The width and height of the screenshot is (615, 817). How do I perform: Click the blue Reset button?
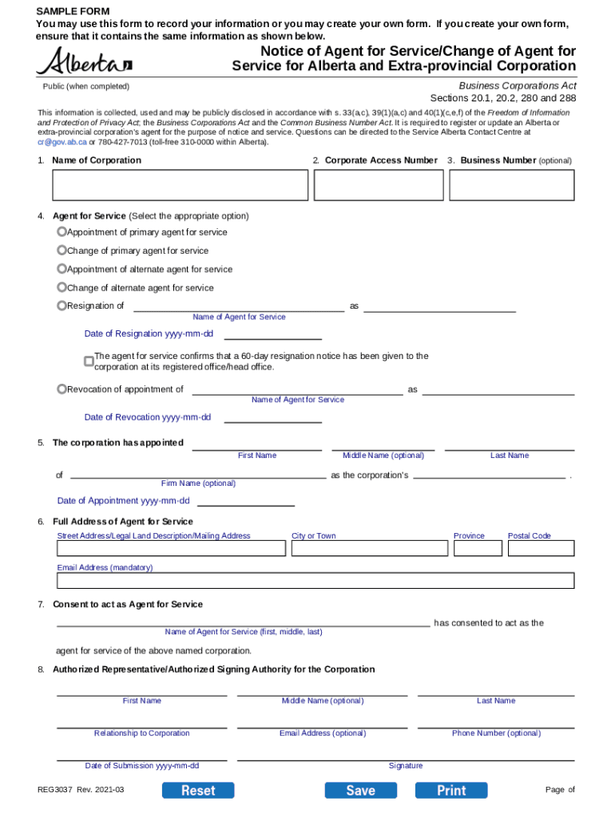[198, 790]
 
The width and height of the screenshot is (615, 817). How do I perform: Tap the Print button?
[451, 790]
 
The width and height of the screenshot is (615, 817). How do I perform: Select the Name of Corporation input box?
[180, 185]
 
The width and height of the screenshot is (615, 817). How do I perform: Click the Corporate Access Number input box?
[378, 185]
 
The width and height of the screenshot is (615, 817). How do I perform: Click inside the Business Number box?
[511, 185]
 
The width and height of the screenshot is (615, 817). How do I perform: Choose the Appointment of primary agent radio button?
[61, 232]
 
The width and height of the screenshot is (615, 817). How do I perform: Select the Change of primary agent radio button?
[61, 251]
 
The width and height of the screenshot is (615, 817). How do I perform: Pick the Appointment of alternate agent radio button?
[61, 269]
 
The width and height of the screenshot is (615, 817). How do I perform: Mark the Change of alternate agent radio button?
[61, 287]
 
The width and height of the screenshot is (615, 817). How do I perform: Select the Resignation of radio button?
[61, 306]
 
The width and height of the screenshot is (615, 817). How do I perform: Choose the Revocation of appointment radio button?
[61, 389]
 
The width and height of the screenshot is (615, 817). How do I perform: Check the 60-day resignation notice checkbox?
[89, 361]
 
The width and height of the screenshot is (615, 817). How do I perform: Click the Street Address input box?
[171, 549]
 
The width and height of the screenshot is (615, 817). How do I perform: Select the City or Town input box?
[369, 549]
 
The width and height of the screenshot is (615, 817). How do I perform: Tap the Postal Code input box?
[541, 549]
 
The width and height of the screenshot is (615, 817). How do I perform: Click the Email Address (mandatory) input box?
[315, 580]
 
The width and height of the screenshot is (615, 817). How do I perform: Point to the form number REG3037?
[55, 790]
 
